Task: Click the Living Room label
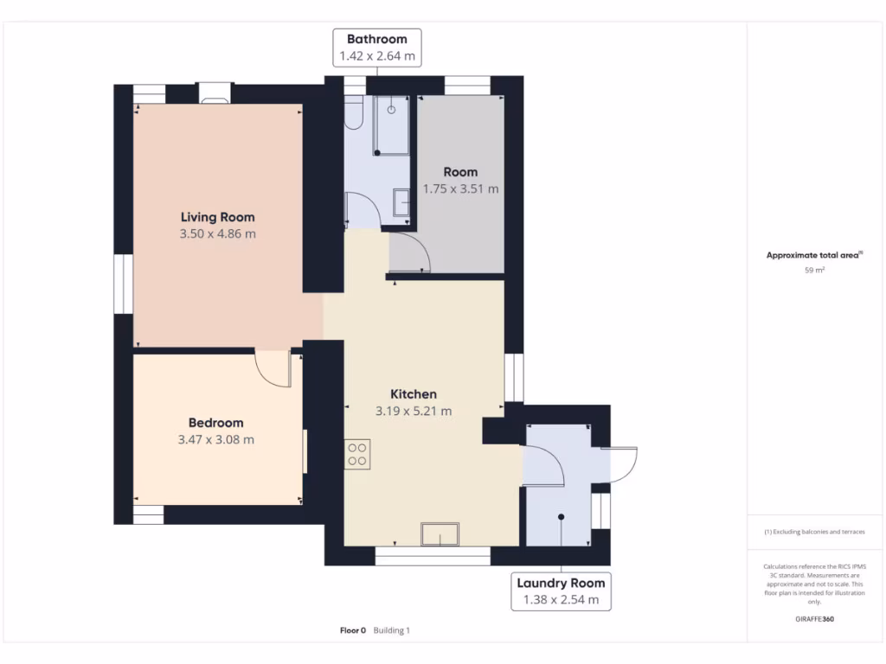[x=217, y=217]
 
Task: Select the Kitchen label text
[x=413, y=394]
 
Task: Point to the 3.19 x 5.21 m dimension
[x=414, y=412]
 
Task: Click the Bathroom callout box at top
[x=376, y=48]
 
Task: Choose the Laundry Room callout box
[x=562, y=591]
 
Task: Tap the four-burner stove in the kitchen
[x=358, y=454]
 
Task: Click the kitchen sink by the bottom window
[x=440, y=535]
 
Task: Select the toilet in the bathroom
[x=353, y=112]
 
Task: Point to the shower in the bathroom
[x=391, y=125]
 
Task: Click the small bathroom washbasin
[x=402, y=202]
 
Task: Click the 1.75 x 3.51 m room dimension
[x=460, y=188]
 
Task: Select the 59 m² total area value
[x=813, y=271]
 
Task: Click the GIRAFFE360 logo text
[x=814, y=619]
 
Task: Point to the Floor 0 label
[x=353, y=630]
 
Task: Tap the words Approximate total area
[x=812, y=255]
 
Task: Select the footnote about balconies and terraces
[x=813, y=532]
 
